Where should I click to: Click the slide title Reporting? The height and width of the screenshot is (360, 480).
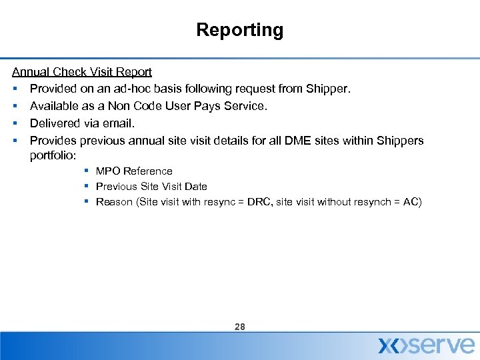tap(239, 30)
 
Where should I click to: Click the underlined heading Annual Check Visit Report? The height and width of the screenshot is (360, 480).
tap(82, 71)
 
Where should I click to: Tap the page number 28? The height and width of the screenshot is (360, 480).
tap(240, 327)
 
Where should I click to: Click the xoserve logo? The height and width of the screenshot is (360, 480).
tap(426, 345)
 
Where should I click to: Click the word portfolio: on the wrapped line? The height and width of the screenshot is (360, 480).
tap(54, 155)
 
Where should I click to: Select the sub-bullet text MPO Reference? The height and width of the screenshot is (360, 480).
tap(134, 171)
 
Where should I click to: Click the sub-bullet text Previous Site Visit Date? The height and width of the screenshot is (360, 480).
tap(151, 187)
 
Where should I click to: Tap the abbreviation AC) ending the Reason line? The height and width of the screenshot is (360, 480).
tap(412, 202)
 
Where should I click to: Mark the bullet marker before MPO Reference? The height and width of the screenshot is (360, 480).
tap(87, 171)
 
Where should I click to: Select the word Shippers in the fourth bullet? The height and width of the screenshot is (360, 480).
tap(400, 141)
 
